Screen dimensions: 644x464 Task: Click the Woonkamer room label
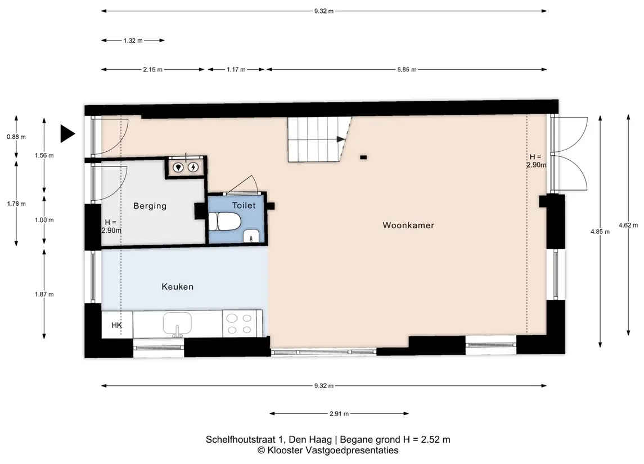(x=408, y=225)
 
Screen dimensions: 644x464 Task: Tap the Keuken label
(x=177, y=287)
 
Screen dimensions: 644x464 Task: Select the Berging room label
(x=150, y=206)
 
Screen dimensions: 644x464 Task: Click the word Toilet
(x=244, y=205)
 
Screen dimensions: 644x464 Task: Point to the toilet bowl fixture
(x=224, y=222)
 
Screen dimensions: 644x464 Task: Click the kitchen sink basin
(x=177, y=323)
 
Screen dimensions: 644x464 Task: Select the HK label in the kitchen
(x=116, y=325)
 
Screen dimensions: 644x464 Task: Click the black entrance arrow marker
(x=67, y=133)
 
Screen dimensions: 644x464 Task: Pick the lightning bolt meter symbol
(x=193, y=167)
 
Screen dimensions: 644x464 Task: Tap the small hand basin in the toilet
(x=251, y=236)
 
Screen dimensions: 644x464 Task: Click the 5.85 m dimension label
(x=407, y=69)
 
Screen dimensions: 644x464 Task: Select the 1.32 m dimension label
(x=133, y=40)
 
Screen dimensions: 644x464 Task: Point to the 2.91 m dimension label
(x=339, y=413)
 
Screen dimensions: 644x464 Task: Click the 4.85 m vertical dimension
(x=600, y=232)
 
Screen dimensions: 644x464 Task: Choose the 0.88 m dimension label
(x=16, y=137)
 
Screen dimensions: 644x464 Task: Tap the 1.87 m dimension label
(x=44, y=294)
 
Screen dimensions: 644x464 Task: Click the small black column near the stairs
(x=363, y=157)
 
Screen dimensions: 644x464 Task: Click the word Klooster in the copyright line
(x=286, y=451)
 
